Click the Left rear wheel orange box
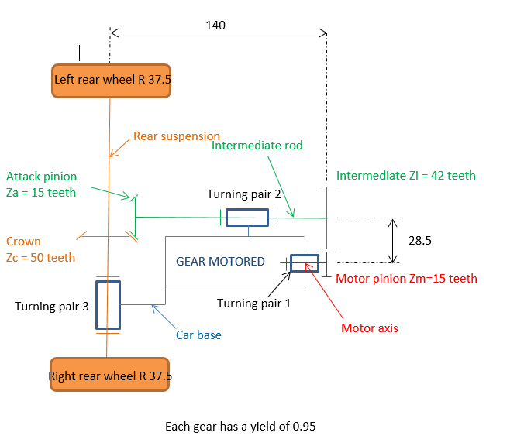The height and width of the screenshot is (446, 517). [x=111, y=80]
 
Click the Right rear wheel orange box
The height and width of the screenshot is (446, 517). [x=109, y=376]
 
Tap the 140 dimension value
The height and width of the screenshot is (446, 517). [x=215, y=26]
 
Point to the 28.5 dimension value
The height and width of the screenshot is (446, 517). [x=420, y=241]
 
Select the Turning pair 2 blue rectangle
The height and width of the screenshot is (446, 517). [x=247, y=218]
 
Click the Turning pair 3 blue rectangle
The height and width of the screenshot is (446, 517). [x=108, y=305]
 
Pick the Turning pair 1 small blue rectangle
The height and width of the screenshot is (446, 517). [x=304, y=263]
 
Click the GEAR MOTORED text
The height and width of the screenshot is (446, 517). [x=220, y=261]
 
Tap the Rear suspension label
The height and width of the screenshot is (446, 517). [x=176, y=136]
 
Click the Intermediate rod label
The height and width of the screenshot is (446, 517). [x=257, y=146]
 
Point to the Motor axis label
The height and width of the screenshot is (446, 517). [x=370, y=328]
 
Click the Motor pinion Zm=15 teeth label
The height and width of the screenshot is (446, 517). [x=406, y=278]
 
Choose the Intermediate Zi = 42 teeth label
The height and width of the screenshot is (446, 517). [x=405, y=176]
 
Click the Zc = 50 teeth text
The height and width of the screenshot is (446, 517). [x=40, y=257]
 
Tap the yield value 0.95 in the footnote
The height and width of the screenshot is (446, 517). [x=305, y=426]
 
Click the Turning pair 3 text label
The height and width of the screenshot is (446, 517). [x=52, y=306]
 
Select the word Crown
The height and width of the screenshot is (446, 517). [x=23, y=242]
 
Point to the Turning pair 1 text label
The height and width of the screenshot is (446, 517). [x=253, y=304]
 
